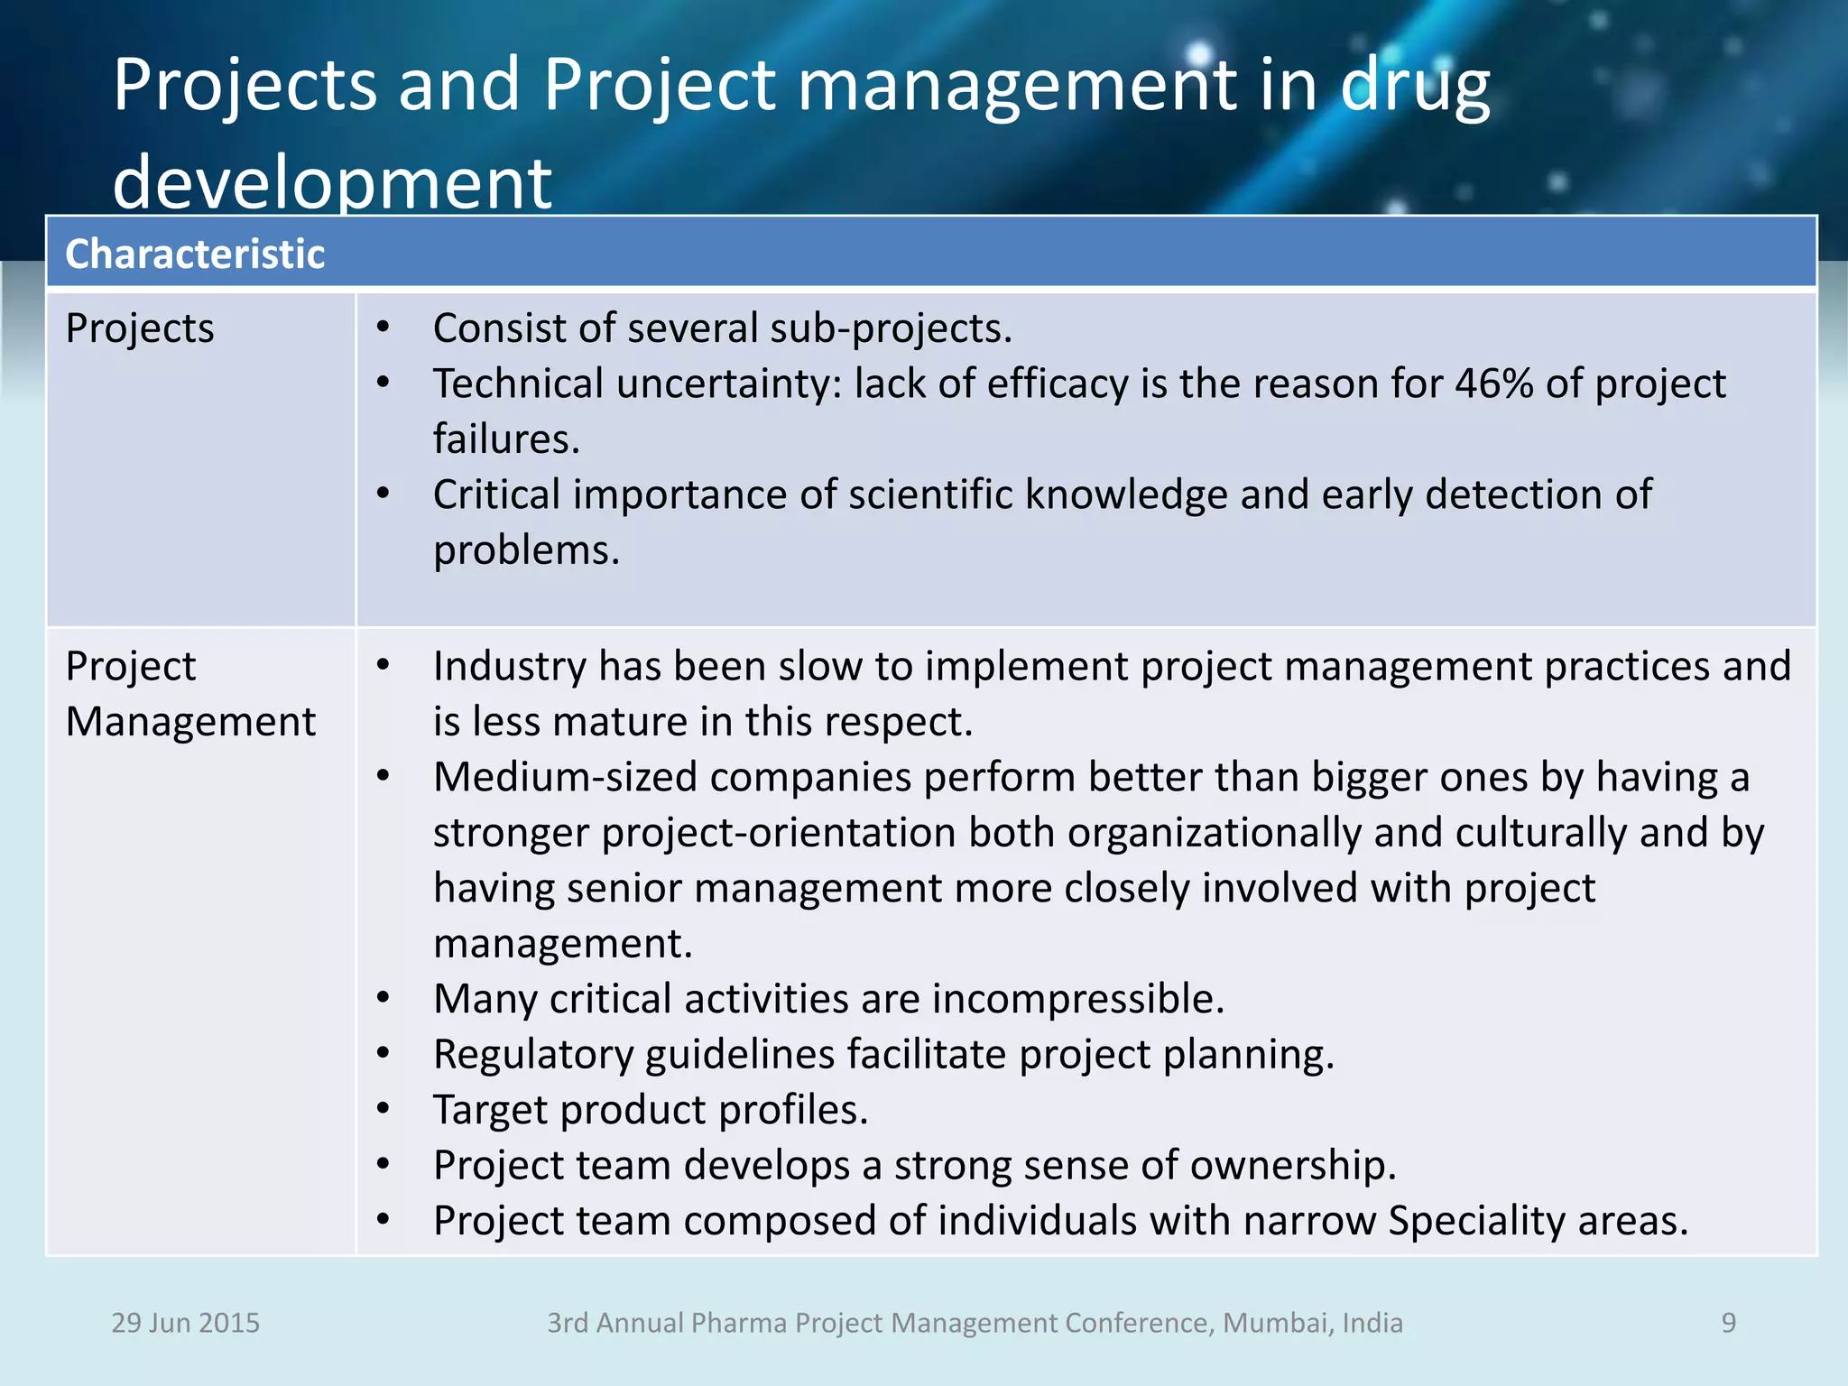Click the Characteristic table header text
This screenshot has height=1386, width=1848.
click(195, 254)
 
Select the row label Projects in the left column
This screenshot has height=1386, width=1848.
click(140, 328)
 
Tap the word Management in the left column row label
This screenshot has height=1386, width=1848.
click(190, 722)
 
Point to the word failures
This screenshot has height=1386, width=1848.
click(505, 439)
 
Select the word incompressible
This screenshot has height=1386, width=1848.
click(1077, 999)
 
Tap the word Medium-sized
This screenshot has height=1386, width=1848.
click(566, 777)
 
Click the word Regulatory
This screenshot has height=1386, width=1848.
click(533, 1055)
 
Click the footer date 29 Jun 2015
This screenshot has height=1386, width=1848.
click(185, 1323)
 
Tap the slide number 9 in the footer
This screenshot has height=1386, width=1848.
click(1728, 1323)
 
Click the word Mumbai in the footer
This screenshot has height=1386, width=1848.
click(1276, 1323)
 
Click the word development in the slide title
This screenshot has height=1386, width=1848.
click(332, 183)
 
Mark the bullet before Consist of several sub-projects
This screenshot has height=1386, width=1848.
click(383, 328)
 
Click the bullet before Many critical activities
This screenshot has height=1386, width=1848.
click(383, 999)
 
